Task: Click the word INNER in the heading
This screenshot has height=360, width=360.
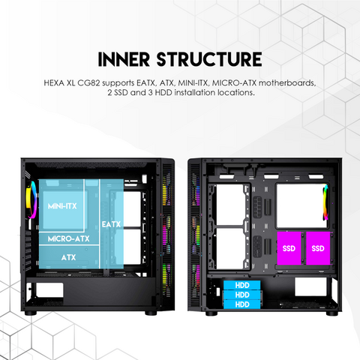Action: pyautogui.click(x=124, y=59)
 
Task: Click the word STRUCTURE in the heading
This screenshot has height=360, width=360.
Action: pyautogui.click(x=209, y=59)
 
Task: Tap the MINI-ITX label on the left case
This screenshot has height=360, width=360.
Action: pyautogui.click(x=62, y=206)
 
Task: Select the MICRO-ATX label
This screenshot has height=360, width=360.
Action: pyautogui.click(x=68, y=238)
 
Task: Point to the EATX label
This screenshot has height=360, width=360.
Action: pyautogui.click(x=111, y=224)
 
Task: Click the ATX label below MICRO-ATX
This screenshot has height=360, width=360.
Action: pyautogui.click(x=68, y=257)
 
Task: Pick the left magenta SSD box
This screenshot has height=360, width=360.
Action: pyautogui.click(x=289, y=248)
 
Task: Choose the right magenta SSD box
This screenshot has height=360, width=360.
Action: pyautogui.click(x=318, y=248)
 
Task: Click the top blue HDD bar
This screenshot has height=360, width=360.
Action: pyautogui.click(x=241, y=285)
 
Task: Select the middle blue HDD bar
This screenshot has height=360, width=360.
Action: pyautogui.click(x=241, y=295)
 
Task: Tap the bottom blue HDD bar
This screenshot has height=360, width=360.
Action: pyautogui.click(x=241, y=304)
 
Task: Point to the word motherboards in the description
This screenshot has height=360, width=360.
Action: pyautogui.click(x=287, y=82)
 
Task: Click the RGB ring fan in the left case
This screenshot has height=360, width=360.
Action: pyautogui.click(x=31, y=200)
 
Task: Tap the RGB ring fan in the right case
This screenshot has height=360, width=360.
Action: pyautogui.click(x=325, y=202)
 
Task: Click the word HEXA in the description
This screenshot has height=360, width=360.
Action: pyautogui.click(x=54, y=82)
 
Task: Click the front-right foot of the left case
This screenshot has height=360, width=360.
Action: pyautogui.click(x=151, y=313)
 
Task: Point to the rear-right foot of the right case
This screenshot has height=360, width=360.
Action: pyautogui.click(x=332, y=313)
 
